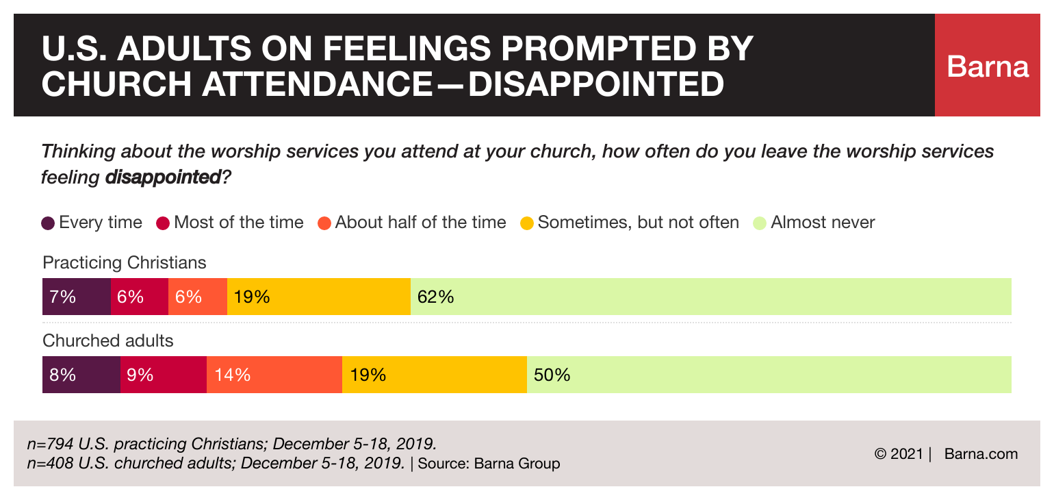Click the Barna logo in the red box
[988, 66]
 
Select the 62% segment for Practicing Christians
[710, 297]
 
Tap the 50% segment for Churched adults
[769, 375]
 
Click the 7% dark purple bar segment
[76, 297]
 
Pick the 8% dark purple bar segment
[81, 375]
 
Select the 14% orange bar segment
[274, 375]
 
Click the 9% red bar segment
[163, 375]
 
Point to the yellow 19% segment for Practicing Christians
[318, 297]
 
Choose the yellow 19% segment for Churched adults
[434, 375]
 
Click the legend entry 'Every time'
[92, 223]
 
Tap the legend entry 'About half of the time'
[412, 223]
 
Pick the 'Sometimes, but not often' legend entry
[630, 223]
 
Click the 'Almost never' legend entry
[814, 223]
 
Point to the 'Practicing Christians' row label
[124, 263]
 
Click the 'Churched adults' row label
[108, 340]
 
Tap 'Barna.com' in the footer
[981, 453]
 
